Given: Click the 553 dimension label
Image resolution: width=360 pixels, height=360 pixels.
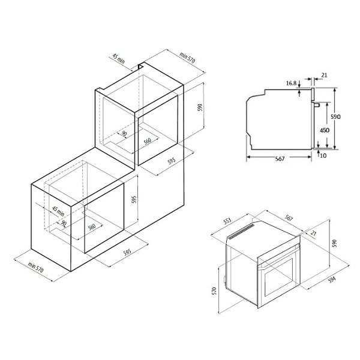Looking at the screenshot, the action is click(227, 221).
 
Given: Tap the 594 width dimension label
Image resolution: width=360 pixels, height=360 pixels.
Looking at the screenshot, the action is click(332, 280).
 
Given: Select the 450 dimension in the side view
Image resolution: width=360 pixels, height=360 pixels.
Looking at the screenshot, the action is click(325, 130).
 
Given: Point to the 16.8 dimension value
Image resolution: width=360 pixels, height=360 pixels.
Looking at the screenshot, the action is click(291, 83).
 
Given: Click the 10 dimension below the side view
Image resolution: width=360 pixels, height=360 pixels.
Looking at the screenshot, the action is click(323, 155).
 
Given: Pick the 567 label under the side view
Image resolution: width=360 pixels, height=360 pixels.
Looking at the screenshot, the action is click(280, 158).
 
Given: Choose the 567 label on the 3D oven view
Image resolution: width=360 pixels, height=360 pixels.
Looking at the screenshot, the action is click(289, 218).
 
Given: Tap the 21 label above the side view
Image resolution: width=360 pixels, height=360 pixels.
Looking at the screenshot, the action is click(324, 75).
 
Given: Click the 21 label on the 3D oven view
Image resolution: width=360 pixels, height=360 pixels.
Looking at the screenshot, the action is click(313, 233).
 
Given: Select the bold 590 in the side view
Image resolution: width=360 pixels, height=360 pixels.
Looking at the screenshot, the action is click(335, 116).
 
